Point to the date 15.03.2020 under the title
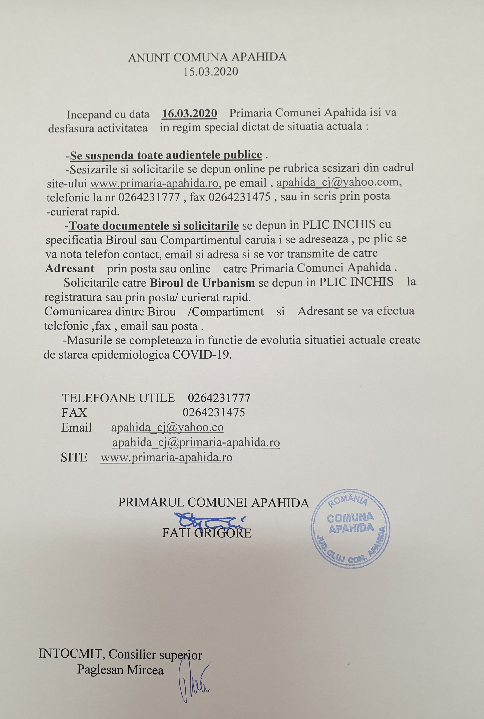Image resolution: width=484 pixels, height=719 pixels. click(211, 72)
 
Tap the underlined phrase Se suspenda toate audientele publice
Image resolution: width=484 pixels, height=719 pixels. click(166, 155)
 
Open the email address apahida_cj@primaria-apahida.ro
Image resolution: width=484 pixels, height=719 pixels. click(196, 443)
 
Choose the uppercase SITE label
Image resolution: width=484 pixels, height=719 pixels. click(74, 457)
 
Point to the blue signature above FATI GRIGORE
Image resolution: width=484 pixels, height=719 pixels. click(209, 520)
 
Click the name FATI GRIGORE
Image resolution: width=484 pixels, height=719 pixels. click(207, 533)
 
